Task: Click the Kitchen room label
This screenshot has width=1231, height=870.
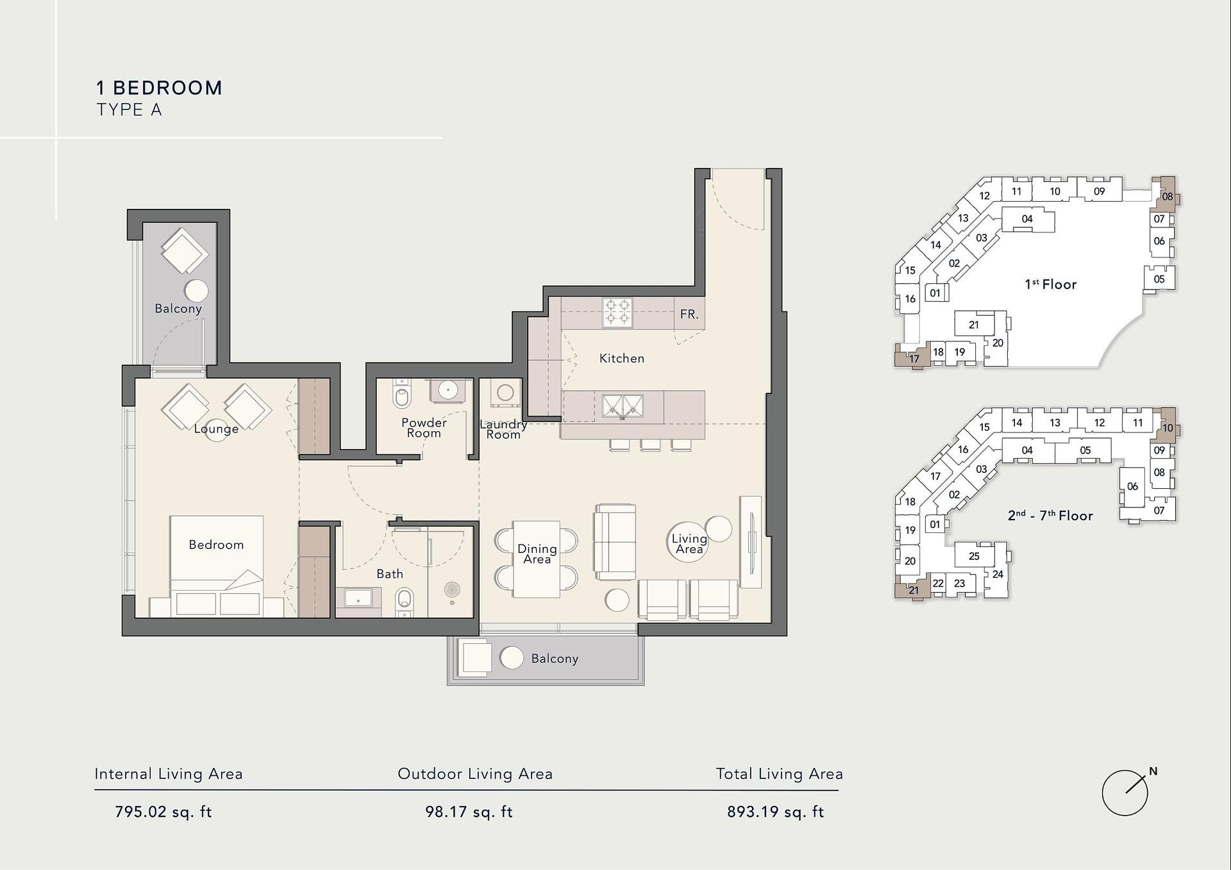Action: (621, 358)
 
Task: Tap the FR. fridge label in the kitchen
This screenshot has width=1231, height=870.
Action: (689, 314)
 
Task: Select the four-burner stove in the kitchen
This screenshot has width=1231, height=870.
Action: (617, 313)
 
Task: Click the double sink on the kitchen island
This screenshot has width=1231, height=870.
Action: (622, 406)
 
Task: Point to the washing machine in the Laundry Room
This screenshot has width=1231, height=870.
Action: (505, 393)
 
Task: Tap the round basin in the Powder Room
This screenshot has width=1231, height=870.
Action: (447, 388)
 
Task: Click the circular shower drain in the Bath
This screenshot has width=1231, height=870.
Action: (452, 589)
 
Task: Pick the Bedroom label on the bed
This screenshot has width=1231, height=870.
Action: (216, 545)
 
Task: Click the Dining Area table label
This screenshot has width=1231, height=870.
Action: (537, 554)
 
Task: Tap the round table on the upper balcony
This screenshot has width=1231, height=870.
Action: (196, 290)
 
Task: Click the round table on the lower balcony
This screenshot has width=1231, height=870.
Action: (512, 658)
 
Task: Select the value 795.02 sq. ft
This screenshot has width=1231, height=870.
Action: (163, 812)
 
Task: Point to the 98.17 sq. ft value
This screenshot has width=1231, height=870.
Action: (469, 812)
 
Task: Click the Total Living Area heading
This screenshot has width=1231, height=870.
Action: (779, 774)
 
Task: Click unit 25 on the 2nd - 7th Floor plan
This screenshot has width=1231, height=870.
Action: (974, 556)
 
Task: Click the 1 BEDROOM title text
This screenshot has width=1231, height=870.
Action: (160, 88)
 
